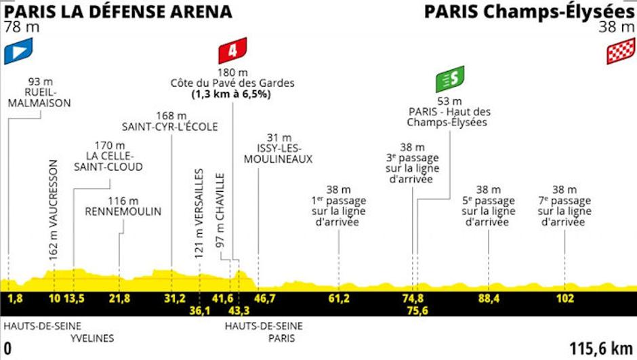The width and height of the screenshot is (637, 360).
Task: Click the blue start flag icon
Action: pos(18,52)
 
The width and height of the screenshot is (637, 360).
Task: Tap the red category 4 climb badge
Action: pos(232,51)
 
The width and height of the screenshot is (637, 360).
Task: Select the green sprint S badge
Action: pos(450,79)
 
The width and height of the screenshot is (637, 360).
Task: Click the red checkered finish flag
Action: pos(620,51)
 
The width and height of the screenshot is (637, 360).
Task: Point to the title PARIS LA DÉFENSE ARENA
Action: pos(118,12)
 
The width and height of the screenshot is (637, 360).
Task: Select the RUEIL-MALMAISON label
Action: pos(42,97)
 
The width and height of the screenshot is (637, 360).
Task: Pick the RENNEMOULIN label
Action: pos(123,212)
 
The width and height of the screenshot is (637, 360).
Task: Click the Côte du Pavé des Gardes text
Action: pos(232,83)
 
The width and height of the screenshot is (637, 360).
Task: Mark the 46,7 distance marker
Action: pos(263,298)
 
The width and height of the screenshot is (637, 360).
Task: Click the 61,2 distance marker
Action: pos(338,298)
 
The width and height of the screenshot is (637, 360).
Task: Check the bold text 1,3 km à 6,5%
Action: pos(232,94)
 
